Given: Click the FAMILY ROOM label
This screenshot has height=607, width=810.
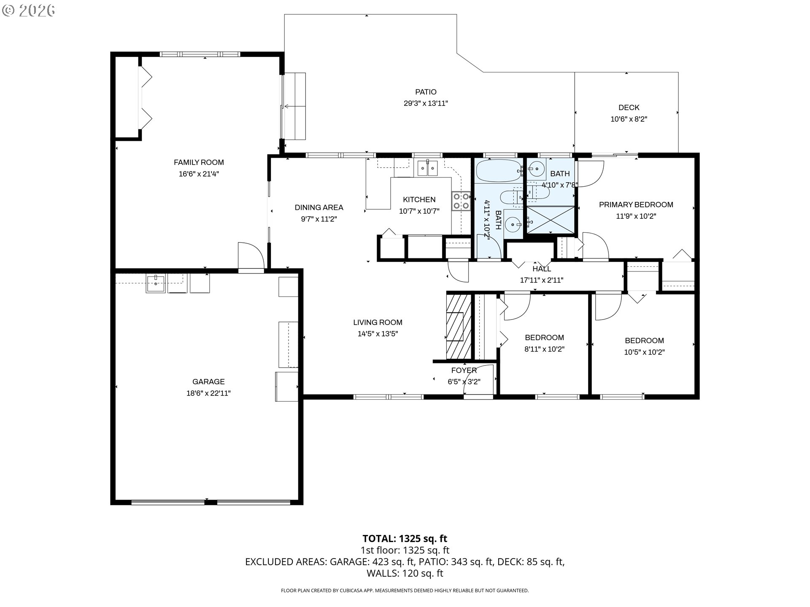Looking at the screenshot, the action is click(199, 162).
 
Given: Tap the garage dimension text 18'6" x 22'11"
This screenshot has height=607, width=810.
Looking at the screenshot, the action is click(208, 393).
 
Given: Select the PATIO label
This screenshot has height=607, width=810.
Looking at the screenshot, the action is click(426, 92).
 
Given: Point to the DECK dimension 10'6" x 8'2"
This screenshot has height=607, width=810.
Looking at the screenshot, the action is click(629, 119).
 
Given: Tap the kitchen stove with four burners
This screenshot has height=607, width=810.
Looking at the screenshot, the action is click(461, 201).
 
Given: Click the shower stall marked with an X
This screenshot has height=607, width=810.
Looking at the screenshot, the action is click(550, 220).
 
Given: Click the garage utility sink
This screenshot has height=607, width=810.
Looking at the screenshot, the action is click(156, 283).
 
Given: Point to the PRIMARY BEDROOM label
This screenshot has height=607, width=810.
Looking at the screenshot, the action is click(636, 205).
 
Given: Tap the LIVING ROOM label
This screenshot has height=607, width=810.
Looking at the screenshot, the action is click(378, 322).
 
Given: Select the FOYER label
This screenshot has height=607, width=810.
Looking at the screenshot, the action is click(464, 371).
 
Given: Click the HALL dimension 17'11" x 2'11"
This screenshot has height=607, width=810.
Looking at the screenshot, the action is click(542, 280).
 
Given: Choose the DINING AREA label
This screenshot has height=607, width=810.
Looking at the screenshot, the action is click(319, 207).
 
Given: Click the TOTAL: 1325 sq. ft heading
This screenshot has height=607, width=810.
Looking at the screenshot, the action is click(405, 539).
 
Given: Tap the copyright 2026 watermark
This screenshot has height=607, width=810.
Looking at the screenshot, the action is click(29, 11).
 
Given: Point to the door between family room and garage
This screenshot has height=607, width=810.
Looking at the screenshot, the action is click(251, 257).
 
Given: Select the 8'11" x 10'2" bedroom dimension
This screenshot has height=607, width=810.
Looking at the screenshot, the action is click(544, 349).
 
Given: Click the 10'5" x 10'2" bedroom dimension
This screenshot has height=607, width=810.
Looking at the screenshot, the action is click(644, 352).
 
